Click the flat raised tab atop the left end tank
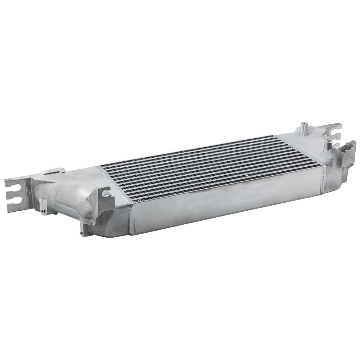pos(54,172)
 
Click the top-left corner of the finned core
pos(102,166)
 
